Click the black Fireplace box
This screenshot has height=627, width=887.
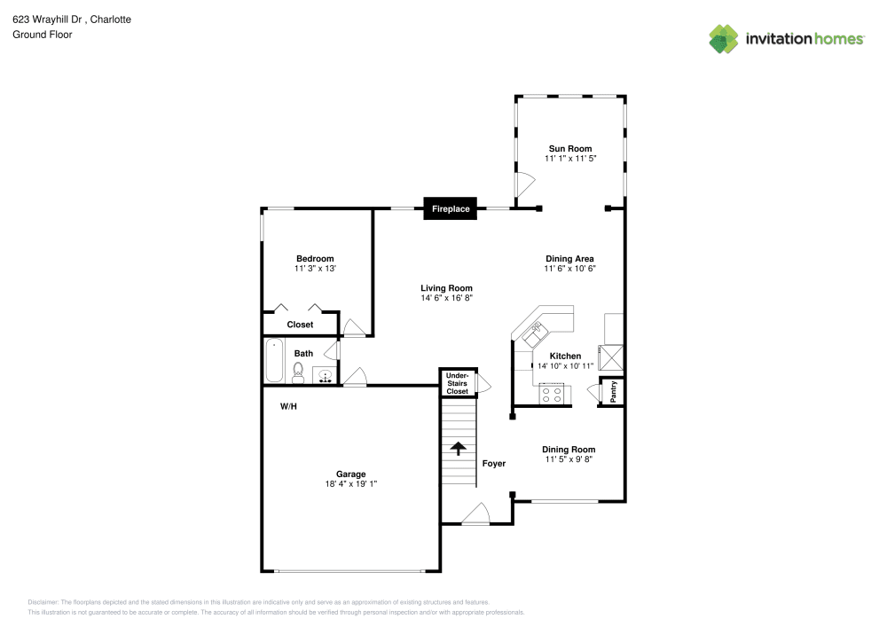(x=451, y=208)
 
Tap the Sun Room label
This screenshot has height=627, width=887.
(x=569, y=148)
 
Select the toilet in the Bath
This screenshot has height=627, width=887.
(x=299, y=371)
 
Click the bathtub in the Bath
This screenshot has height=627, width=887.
(x=274, y=360)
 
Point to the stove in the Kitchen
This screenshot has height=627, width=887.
(x=553, y=394)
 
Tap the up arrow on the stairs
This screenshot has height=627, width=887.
(x=459, y=448)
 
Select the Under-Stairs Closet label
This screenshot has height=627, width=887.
(x=457, y=383)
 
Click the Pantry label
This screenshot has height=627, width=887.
(x=612, y=391)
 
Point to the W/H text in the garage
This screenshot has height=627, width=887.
(x=288, y=407)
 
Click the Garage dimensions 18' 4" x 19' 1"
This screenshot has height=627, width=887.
(x=350, y=484)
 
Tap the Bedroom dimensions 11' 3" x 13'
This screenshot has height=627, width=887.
(x=315, y=268)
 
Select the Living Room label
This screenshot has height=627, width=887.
(x=446, y=287)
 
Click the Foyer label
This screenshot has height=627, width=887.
(x=493, y=463)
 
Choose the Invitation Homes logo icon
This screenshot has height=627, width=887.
(x=723, y=38)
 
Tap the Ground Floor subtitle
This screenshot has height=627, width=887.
(x=42, y=35)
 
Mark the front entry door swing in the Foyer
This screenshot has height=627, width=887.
(x=475, y=513)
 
